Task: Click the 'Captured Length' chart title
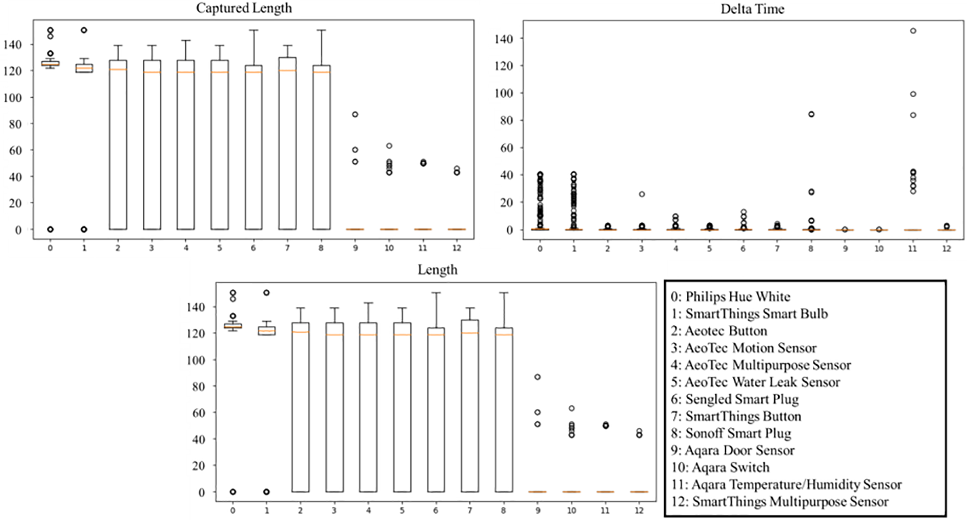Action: [x=244, y=8]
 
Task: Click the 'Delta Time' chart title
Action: [x=752, y=9]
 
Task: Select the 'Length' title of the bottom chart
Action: [x=437, y=270]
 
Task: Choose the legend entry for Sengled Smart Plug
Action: [x=734, y=399]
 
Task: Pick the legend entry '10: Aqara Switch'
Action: [x=720, y=468]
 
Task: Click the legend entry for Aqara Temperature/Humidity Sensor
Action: [x=786, y=484]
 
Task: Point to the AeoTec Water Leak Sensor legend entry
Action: [x=755, y=382]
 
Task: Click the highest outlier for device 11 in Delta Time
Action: [x=913, y=31]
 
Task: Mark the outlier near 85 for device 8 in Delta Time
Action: [x=811, y=114]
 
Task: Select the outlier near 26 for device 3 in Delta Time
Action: [x=642, y=194]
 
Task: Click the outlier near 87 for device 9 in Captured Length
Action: [x=355, y=115]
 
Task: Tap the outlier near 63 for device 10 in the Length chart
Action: [x=572, y=408]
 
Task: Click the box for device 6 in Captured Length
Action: [x=253, y=148]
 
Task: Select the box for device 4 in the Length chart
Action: [x=368, y=407]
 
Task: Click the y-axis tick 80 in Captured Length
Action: [x=15, y=124]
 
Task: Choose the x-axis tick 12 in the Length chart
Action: [x=639, y=510]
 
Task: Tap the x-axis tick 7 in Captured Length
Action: [x=287, y=248]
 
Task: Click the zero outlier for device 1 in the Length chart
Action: [x=266, y=492]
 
